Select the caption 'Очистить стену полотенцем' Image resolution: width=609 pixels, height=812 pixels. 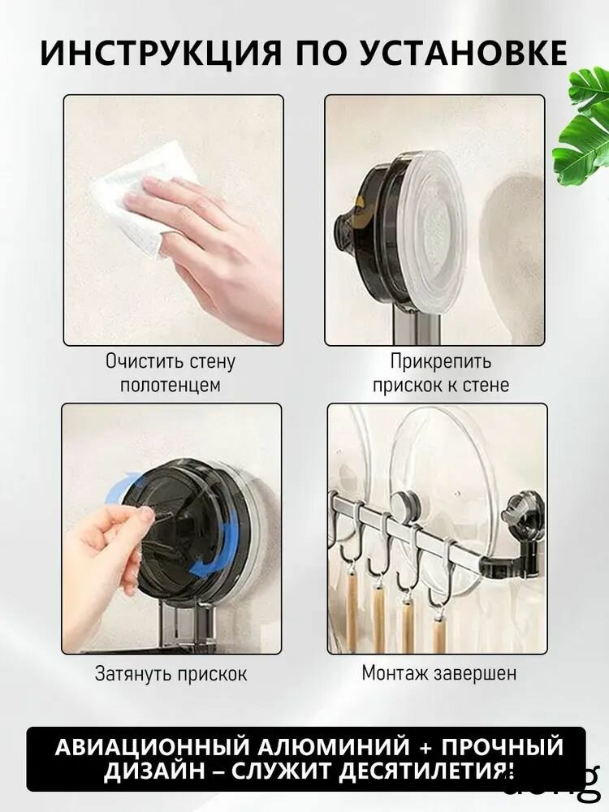(x=171, y=373)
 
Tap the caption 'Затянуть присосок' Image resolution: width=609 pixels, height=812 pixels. (x=171, y=674)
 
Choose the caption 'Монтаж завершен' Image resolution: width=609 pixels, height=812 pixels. (x=438, y=673)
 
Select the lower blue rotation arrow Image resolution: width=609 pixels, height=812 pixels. (x=215, y=552)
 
